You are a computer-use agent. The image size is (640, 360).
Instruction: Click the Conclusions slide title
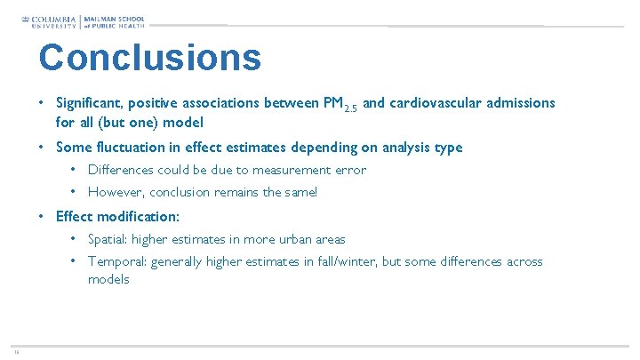pyautogui.click(x=149, y=58)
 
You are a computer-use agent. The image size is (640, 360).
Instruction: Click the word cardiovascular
pyautogui.click(x=436, y=103)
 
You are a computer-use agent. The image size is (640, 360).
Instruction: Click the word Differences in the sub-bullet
pyautogui.click(x=121, y=170)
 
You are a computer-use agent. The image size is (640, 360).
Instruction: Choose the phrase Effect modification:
pyautogui.click(x=117, y=216)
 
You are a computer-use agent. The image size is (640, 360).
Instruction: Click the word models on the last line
pyautogui.click(x=108, y=279)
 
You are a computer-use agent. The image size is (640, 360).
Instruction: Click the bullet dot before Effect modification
pyautogui.click(x=43, y=216)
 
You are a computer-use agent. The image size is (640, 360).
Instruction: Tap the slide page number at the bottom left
pyautogui.click(x=16, y=351)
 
